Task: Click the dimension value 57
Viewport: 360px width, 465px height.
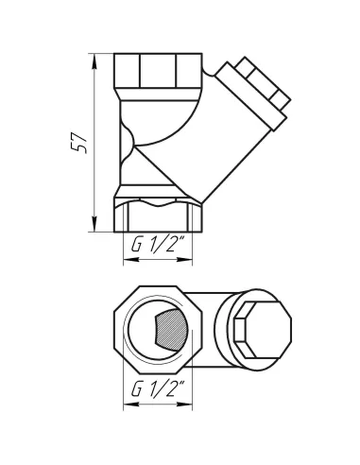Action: [80, 142]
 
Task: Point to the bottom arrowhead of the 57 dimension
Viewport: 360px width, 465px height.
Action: [95, 226]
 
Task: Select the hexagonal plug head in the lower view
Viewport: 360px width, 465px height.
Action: [254, 330]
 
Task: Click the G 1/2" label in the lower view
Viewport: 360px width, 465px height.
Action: [157, 388]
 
